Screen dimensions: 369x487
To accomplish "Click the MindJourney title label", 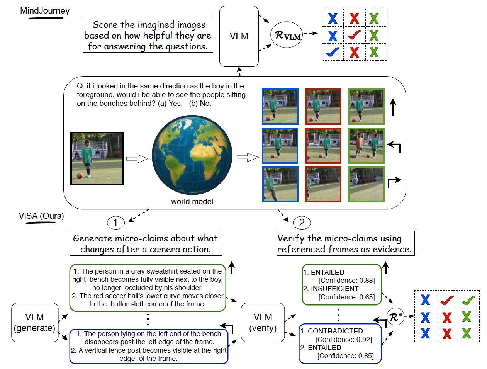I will [45, 11].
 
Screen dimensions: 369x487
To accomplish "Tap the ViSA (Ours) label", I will [41, 216].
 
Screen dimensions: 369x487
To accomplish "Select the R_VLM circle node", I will [287, 35].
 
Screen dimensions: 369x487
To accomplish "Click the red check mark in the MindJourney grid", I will [354, 35].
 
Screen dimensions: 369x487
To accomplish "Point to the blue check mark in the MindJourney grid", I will [333, 52].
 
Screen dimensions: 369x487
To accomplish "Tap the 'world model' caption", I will [192, 202].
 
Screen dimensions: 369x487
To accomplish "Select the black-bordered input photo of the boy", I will [97, 158].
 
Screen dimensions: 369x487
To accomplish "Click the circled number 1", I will [115, 223].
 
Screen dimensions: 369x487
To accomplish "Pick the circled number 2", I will [302, 223].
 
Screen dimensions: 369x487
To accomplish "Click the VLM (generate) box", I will [35, 323].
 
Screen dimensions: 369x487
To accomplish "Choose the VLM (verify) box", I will [263, 323].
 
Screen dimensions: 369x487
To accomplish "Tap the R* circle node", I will [395, 317].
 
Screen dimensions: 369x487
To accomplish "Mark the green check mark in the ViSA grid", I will [468, 300].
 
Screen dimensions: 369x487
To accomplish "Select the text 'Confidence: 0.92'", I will [344, 340].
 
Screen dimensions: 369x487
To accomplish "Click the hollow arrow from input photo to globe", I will [137, 158].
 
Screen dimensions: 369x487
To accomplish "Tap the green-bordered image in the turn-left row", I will [367, 146].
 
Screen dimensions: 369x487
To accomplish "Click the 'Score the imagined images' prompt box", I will [148, 35].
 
